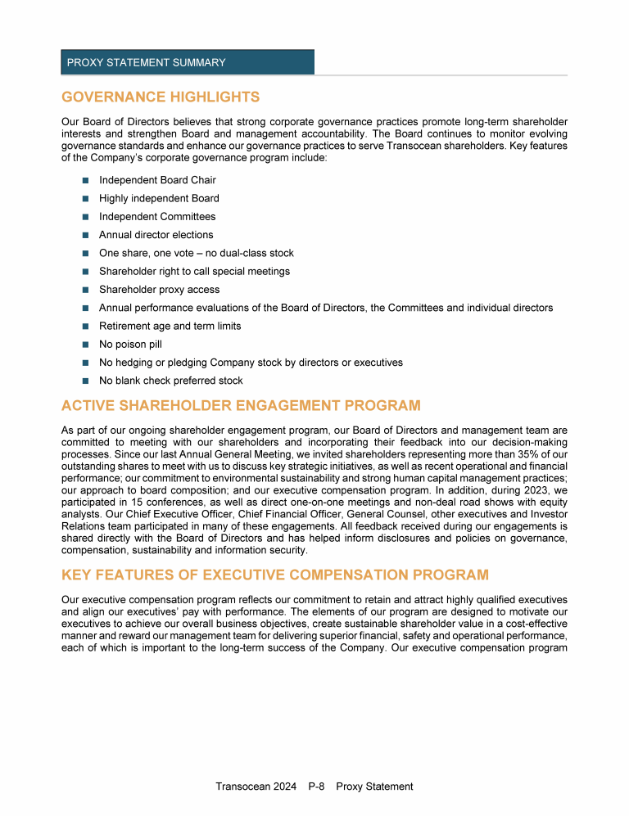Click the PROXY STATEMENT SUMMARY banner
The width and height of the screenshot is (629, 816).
[x=187, y=62]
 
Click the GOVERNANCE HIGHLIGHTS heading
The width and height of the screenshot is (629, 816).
[x=161, y=97]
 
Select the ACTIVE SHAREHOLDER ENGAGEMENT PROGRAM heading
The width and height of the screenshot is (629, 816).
[x=241, y=405]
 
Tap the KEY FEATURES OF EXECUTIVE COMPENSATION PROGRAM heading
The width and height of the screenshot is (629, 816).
[x=275, y=575]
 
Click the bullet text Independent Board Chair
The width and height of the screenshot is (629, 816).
[x=157, y=180]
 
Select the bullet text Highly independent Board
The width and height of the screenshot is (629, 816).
[x=159, y=198]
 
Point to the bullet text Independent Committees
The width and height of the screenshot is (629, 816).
[x=157, y=217]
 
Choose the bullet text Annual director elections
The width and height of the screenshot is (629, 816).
[x=156, y=235]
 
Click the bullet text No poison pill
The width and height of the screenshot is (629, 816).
[x=130, y=344]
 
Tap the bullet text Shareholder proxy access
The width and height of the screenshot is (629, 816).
[x=159, y=290]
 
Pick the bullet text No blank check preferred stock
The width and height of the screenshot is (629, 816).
[x=170, y=381]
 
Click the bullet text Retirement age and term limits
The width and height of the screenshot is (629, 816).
[x=170, y=326]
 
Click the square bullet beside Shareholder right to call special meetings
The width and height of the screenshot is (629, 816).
[x=85, y=272]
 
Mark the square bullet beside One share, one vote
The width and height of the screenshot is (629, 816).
[x=85, y=254]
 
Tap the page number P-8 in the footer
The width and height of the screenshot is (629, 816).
[x=316, y=787]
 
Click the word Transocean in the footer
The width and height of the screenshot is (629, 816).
[x=243, y=787]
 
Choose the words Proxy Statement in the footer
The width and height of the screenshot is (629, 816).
[x=374, y=787]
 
